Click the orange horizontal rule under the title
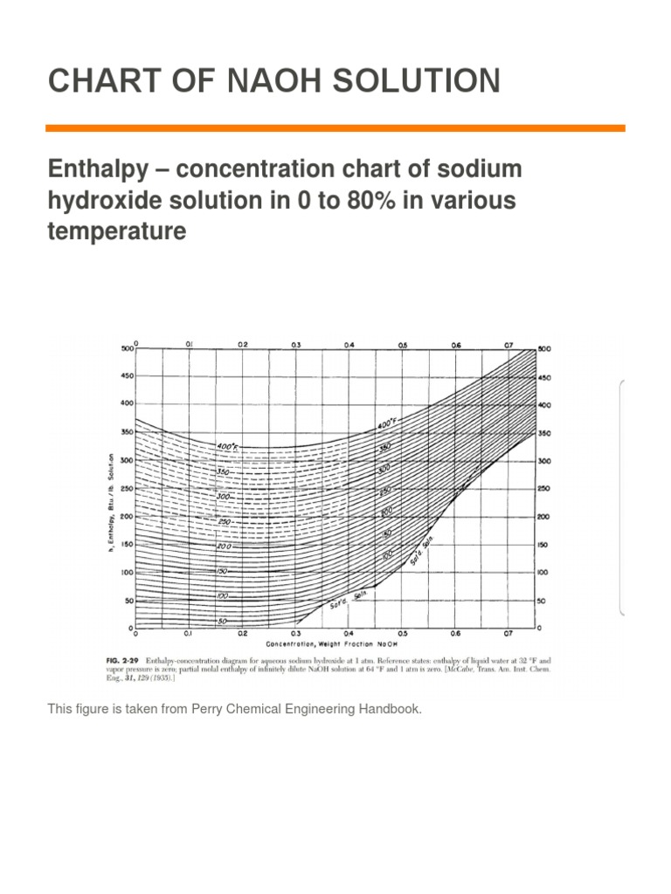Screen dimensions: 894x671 (x=335, y=128)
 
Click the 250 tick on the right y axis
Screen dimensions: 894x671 (x=544, y=489)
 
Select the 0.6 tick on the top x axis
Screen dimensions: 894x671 (x=456, y=345)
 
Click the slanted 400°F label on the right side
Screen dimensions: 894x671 (x=386, y=426)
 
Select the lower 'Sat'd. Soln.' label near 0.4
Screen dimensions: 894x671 (x=348, y=599)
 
